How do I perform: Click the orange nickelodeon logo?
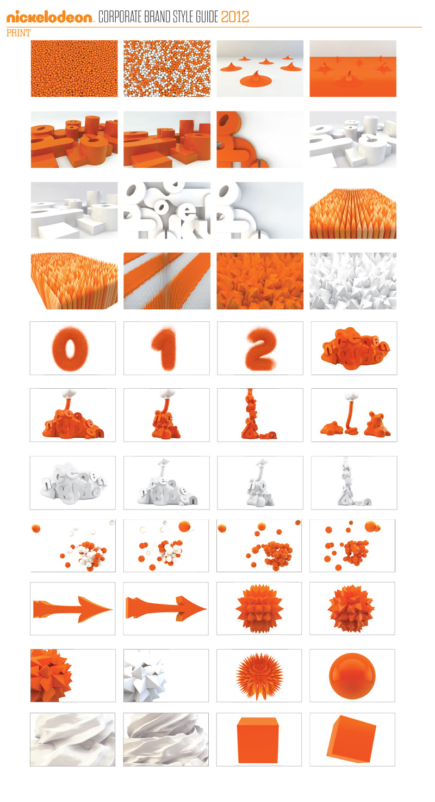click(x=50, y=17)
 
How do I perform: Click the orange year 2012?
click(x=235, y=17)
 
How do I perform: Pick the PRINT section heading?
click(x=18, y=33)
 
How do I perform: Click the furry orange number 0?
click(x=73, y=348)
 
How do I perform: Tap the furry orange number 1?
click(x=166, y=348)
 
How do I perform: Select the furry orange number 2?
click(x=260, y=348)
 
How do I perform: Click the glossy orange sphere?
click(x=352, y=676)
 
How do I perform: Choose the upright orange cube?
click(x=258, y=739)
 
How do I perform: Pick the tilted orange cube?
click(x=352, y=739)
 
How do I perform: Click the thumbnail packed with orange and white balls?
click(x=167, y=69)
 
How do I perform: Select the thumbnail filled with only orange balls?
click(x=74, y=69)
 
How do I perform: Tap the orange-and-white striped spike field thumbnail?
click(x=167, y=281)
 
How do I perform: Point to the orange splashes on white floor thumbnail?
click(x=260, y=69)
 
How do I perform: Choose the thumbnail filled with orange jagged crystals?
click(x=260, y=281)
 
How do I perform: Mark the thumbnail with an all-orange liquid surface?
click(x=353, y=69)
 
